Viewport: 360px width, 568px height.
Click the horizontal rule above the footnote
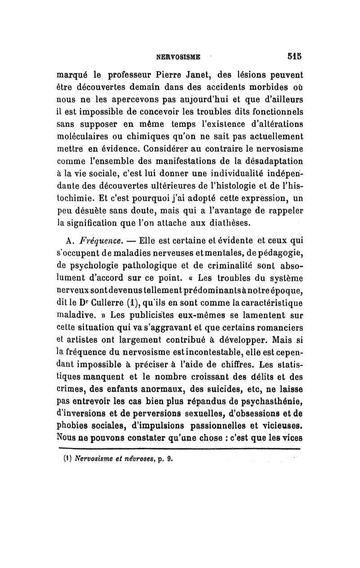(x=180, y=448)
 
